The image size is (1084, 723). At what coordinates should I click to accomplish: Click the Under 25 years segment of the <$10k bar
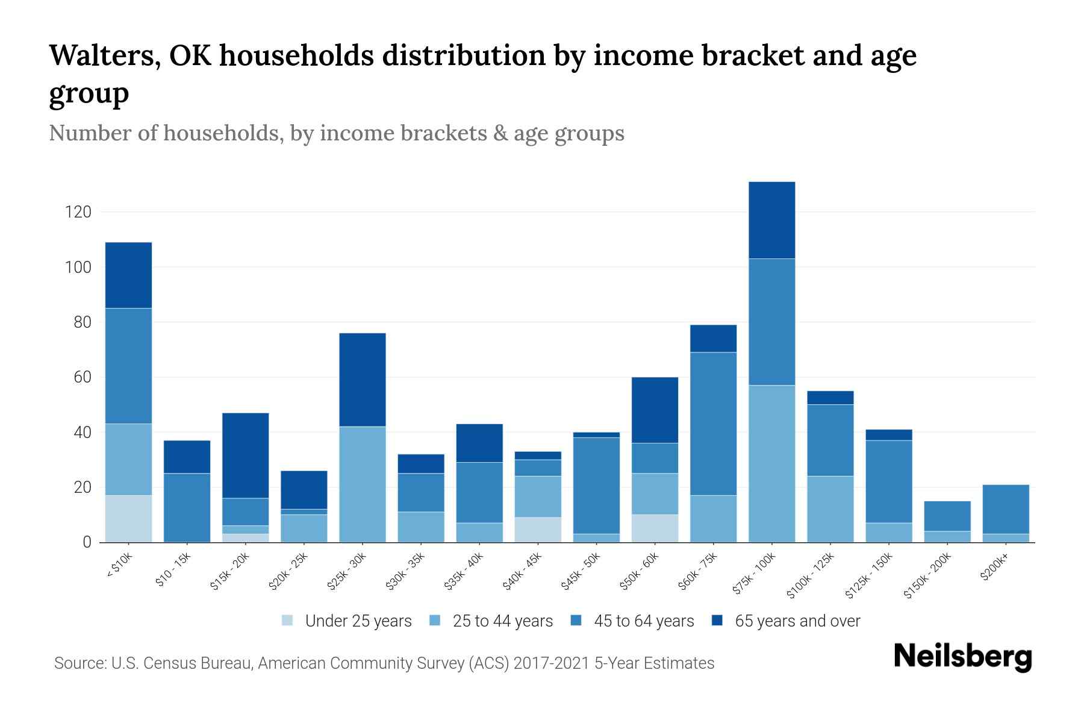(128, 519)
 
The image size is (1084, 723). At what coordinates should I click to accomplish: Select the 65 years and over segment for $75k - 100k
(771, 220)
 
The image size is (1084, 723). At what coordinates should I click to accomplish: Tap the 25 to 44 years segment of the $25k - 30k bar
(363, 484)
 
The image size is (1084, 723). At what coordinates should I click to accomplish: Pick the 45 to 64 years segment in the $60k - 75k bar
(713, 424)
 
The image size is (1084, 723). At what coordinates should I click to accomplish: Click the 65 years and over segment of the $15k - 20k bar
(245, 455)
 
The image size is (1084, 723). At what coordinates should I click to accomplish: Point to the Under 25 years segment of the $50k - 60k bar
(655, 528)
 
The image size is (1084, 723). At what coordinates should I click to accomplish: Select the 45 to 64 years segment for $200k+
(1005, 509)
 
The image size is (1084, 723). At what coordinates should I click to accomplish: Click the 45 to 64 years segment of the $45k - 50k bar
(596, 486)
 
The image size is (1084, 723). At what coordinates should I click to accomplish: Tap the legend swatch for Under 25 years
(288, 621)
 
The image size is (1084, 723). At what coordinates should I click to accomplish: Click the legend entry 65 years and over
(797, 621)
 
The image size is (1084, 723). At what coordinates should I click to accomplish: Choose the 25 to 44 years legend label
(502, 621)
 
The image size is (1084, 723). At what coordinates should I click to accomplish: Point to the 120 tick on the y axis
(78, 212)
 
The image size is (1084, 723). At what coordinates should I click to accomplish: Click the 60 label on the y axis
(82, 378)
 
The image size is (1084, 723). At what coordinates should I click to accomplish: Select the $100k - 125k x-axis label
(811, 575)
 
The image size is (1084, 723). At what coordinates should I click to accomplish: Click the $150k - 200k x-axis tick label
(928, 575)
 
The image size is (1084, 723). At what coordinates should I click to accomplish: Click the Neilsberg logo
(962, 657)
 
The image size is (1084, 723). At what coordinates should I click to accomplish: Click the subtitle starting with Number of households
(337, 133)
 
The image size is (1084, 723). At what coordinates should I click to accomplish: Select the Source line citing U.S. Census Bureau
(384, 663)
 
